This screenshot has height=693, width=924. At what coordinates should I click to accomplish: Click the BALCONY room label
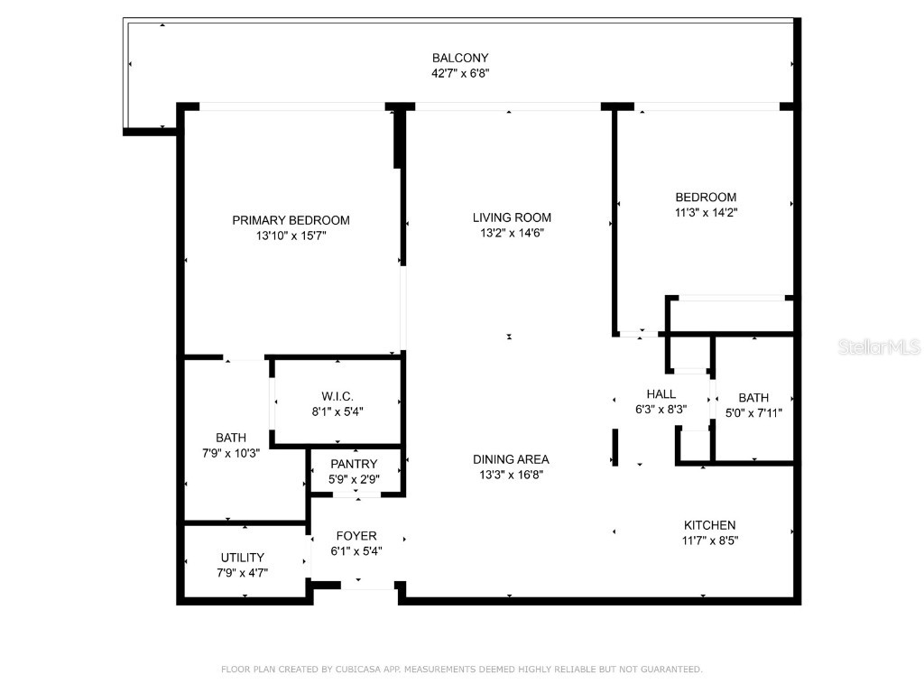(460, 59)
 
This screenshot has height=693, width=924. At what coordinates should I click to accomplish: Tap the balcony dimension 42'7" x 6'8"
(460, 74)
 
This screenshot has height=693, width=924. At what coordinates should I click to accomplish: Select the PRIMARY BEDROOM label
(291, 220)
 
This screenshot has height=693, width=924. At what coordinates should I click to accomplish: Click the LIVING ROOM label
(512, 217)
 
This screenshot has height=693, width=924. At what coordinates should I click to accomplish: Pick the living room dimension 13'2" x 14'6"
(512, 233)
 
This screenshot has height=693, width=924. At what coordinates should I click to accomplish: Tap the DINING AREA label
(511, 459)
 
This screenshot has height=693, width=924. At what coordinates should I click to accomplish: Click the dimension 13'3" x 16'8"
(512, 475)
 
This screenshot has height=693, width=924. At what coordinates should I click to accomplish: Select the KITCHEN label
(709, 525)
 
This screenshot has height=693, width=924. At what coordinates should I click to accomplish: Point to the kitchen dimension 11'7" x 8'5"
(709, 541)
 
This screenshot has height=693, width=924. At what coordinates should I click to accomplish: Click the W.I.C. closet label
(337, 396)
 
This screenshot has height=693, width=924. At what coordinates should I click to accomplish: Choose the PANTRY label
(354, 464)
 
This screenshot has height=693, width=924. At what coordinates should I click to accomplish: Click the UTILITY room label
(243, 558)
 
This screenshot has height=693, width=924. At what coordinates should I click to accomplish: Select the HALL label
(661, 393)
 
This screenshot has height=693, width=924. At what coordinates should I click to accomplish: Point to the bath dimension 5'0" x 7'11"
(753, 413)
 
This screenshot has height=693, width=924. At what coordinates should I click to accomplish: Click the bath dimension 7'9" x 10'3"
(231, 453)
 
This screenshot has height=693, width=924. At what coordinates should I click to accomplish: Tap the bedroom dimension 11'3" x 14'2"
(706, 213)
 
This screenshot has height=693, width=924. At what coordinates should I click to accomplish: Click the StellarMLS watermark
(878, 347)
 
